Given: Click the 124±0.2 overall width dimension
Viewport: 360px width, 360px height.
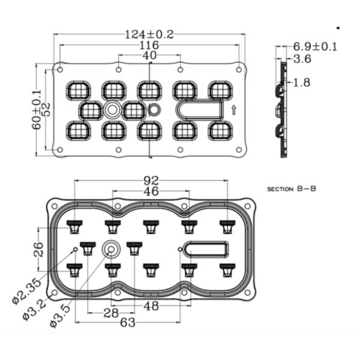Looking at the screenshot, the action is point(149,35).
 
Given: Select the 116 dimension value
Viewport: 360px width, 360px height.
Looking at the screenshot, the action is point(149,45).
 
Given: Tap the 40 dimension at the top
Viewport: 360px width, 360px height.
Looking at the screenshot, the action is point(149,55).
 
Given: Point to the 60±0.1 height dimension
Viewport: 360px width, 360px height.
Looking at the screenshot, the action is point(36,110).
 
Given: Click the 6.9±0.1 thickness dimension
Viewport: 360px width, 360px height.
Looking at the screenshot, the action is point(315,47).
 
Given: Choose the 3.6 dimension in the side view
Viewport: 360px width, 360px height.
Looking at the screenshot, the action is point(302,59).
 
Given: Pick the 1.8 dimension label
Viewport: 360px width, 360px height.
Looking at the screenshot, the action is point(302,82).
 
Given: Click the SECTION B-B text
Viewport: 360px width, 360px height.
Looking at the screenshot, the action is point(292,189).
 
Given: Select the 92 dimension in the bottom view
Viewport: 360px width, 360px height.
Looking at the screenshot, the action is point(151,181).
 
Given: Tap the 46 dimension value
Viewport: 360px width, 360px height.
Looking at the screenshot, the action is point(151,191).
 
